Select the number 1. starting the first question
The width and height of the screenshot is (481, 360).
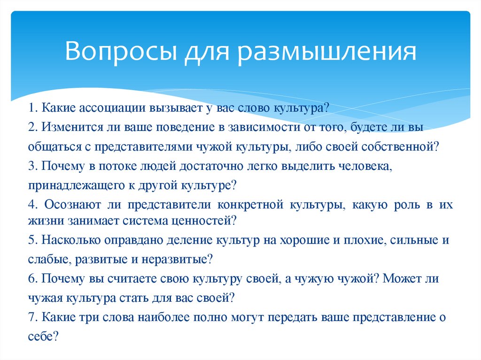tap(32, 107)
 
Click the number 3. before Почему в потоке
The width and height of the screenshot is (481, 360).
tap(32, 166)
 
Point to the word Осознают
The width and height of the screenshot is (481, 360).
tap(70, 205)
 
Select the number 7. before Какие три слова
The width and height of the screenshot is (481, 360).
tap(32, 317)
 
